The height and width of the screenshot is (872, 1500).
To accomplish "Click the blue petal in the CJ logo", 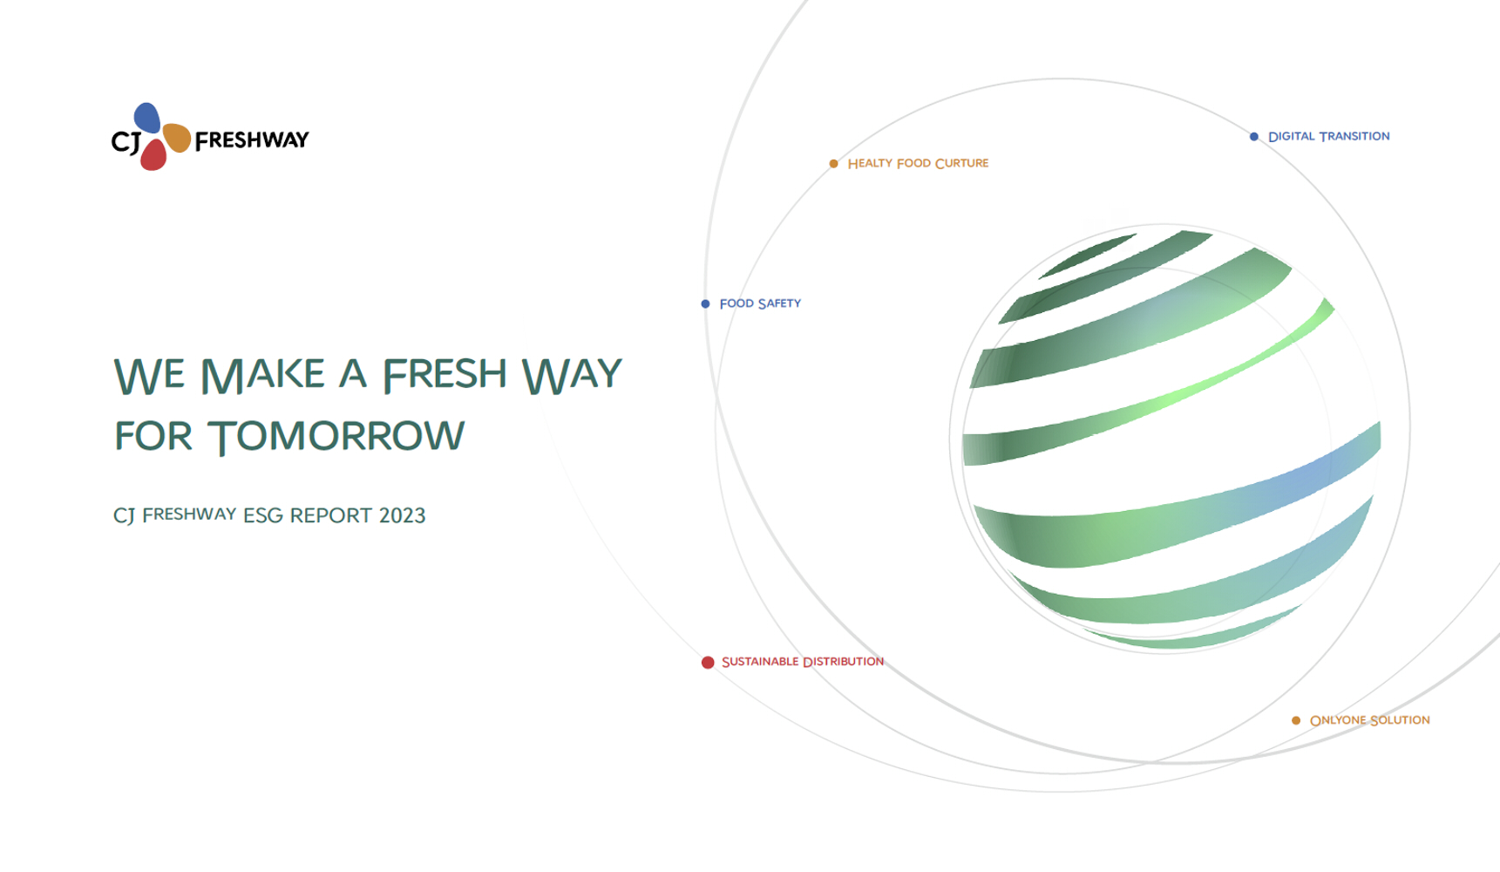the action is pos(146,118).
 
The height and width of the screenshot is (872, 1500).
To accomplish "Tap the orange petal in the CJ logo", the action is pos(177,137).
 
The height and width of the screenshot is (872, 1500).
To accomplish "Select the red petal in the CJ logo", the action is pos(153,154).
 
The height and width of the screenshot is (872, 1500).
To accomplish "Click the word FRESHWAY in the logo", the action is pos(252,140).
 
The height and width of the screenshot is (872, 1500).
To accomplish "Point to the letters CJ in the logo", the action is pos(126,141).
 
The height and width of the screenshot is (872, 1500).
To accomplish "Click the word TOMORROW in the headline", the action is pos(336,436).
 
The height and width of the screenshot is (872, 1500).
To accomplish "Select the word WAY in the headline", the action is pos(572,375).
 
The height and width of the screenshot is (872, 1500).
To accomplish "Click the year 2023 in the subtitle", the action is pos(403,515).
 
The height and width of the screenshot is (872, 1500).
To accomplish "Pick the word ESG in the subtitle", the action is pos(263,515).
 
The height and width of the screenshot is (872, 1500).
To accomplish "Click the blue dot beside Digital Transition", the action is pos(1254,137).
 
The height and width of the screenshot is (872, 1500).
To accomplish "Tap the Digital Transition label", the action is pos(1329,136).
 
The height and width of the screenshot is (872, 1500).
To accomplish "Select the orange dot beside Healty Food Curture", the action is pos(834,164).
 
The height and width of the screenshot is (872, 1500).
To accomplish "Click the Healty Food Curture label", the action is pos(919,163).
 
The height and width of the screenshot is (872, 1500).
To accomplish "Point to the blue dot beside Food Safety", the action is pos(706,304).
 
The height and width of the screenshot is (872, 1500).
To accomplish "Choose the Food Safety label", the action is pos(760,303).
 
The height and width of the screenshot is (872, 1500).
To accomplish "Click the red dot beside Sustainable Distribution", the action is pos(708,663).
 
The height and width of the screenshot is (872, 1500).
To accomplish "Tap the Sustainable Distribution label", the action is pos(803,662).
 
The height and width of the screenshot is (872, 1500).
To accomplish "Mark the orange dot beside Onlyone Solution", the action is pos(1296,720).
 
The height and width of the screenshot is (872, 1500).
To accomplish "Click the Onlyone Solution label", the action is pos(1370,720).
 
